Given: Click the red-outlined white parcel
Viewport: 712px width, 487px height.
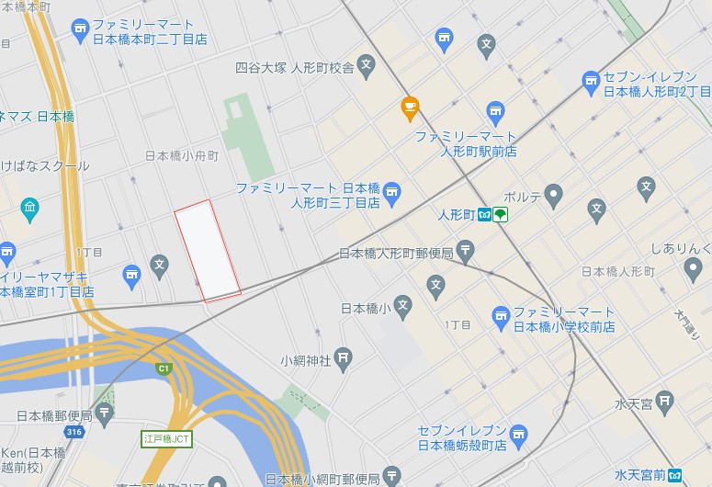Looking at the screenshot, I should coord(208,251).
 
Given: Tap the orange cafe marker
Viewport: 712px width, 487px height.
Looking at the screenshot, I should coord(410,108).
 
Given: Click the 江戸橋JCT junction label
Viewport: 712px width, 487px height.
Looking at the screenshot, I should coord(166,439).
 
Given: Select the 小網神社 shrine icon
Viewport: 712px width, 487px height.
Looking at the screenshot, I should coord(344,358).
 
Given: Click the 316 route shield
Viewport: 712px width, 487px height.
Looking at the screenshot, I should coord(74,432).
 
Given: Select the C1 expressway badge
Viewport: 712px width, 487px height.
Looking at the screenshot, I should coord(164,369).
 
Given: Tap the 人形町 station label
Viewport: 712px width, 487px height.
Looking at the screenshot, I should coord(456,215).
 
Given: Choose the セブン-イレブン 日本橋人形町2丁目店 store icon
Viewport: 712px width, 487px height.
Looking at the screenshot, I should coord(591,84).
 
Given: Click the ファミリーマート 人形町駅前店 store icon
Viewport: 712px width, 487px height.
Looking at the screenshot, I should coord(496,113).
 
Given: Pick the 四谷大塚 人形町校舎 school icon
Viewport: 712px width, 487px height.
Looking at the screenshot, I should coord(367,66).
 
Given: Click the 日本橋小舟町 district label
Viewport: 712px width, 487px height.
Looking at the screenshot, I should coord(182,156).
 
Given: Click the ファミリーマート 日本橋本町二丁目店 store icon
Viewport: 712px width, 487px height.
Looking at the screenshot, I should coord(80,29).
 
